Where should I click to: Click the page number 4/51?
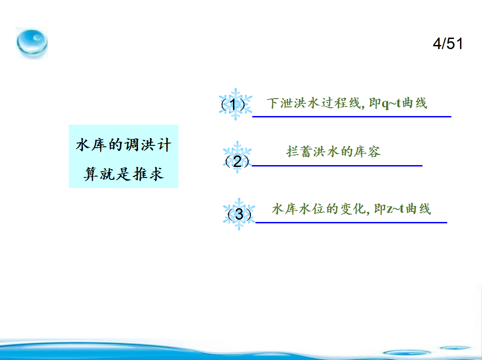(x=448, y=44)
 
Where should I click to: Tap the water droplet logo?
(x=32, y=43)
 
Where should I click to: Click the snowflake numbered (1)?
(x=235, y=104)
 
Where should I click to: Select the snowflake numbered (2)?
(x=237, y=157)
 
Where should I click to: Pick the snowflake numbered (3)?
(x=239, y=214)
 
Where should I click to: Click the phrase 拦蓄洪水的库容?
(x=333, y=151)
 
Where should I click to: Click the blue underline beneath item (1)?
(x=352, y=117)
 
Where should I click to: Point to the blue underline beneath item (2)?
(x=337, y=166)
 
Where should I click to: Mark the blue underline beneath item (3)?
(x=351, y=222)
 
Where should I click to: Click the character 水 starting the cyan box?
(x=83, y=145)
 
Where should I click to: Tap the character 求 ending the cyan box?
(x=156, y=174)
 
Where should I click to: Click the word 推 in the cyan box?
(x=140, y=174)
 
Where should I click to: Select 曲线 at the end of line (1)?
(x=415, y=103)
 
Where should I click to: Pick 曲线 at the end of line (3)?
(x=418, y=209)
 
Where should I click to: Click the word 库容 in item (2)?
(x=367, y=151)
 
